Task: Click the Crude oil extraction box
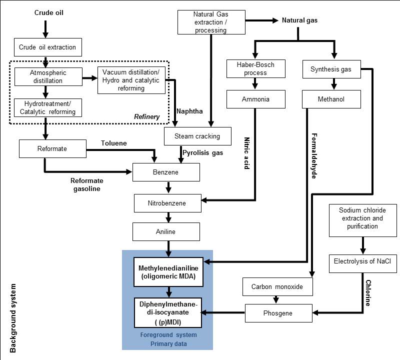47,47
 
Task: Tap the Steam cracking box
198,136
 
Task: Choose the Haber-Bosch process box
256,69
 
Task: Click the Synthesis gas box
331,69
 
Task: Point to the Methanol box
331,99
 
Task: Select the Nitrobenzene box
166,203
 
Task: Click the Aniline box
166,232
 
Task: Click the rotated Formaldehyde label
313,155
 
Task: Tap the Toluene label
113,143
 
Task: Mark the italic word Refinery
146,116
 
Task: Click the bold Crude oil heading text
49,11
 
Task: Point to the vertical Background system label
13,318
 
